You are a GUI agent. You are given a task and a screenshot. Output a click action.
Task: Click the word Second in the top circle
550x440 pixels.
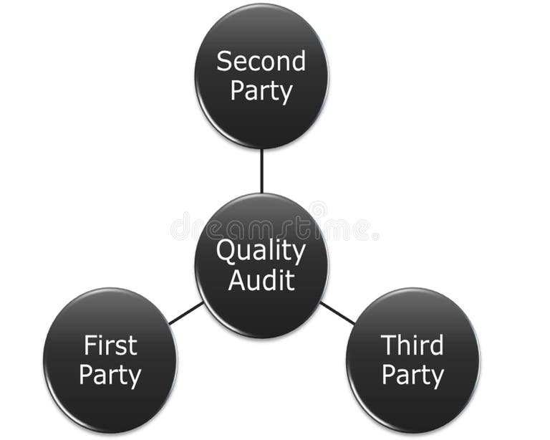(261, 61)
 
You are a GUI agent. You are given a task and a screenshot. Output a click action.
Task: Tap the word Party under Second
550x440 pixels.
(261, 92)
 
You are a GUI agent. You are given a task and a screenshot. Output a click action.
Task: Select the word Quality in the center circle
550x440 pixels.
(261, 252)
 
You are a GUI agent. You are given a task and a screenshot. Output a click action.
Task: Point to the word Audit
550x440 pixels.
(261, 280)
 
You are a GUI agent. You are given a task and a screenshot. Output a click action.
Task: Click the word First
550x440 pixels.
(110, 345)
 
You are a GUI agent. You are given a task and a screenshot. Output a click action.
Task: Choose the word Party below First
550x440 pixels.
(110, 375)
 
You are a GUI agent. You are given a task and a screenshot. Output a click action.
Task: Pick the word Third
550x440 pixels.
(412, 345)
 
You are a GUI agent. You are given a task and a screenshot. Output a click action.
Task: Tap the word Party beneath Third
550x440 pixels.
(412, 375)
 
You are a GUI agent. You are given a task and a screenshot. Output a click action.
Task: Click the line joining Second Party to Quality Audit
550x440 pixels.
(261, 171)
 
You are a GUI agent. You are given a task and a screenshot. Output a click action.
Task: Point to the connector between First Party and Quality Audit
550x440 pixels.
(185, 313)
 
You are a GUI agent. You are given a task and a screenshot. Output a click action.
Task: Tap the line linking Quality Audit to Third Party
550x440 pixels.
(337, 313)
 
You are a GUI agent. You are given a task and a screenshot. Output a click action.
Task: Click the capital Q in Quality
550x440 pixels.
(225, 252)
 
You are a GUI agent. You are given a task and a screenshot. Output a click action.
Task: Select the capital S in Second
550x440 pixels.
(223, 61)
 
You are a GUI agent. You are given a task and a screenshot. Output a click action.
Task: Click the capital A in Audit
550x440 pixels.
(236, 280)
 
